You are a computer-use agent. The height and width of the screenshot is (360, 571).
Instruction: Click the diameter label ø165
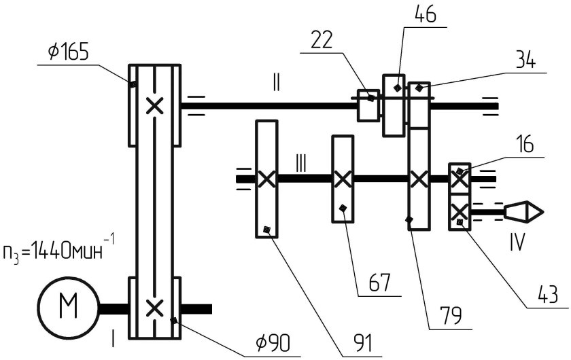pyautogui.click(x=68, y=52)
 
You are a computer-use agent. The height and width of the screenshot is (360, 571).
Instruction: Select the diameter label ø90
pyautogui.click(x=273, y=343)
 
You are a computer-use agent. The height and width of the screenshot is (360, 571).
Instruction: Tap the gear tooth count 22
pyautogui.click(x=322, y=40)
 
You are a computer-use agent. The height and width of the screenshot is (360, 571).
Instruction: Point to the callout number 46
pyautogui.click(x=425, y=14)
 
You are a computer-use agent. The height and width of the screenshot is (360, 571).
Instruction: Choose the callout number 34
pyautogui.click(x=524, y=60)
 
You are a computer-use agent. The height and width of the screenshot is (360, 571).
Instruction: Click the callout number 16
pyautogui.click(x=525, y=144)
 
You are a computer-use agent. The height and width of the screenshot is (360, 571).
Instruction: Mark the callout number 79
pyautogui.click(x=451, y=315)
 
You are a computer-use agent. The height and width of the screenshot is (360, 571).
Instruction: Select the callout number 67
pyautogui.click(x=379, y=283)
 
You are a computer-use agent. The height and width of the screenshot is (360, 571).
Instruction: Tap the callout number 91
pyautogui.click(x=363, y=343)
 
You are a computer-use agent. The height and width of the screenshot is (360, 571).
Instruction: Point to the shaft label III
pyautogui.click(x=300, y=164)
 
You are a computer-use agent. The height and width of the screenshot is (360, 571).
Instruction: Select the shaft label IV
pyautogui.click(x=517, y=242)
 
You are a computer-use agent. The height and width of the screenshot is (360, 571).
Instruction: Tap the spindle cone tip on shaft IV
pyautogui.click(x=543, y=211)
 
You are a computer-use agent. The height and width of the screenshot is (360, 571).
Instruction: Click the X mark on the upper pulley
pyautogui.click(x=154, y=106)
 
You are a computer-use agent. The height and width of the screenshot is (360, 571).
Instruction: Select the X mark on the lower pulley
pyautogui.click(x=154, y=308)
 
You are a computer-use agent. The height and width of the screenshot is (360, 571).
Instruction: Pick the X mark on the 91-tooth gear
pyautogui.click(x=266, y=179)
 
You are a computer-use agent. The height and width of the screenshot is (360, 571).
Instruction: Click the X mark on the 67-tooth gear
pyautogui.click(x=343, y=179)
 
